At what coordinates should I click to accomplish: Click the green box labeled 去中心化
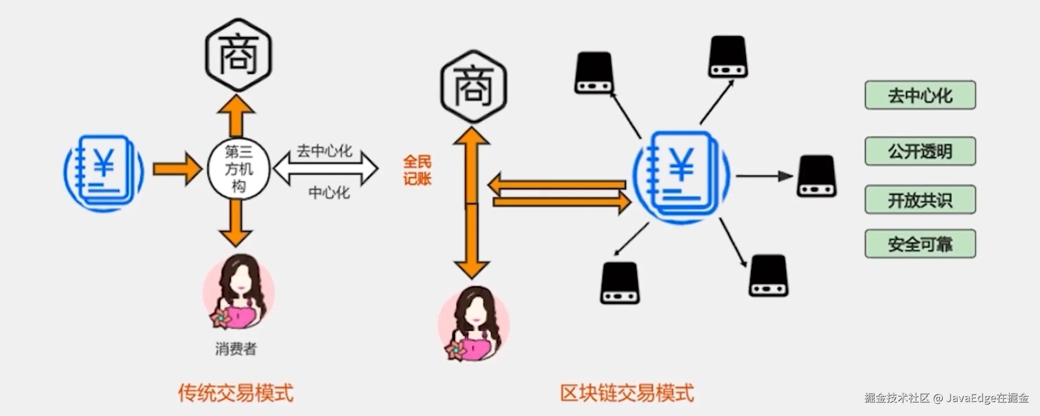pos(920,95)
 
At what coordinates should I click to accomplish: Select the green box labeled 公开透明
pos(920,151)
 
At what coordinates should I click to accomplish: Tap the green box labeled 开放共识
pos(920,200)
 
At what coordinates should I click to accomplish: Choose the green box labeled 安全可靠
pos(920,244)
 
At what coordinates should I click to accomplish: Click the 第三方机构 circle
pos(239,169)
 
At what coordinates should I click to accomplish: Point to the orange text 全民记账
pos(417,170)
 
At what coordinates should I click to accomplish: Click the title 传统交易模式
pos(235,393)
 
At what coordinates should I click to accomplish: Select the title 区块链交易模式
pos(627,393)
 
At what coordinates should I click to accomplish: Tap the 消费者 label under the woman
pos(235,349)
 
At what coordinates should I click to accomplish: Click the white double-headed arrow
pos(326,169)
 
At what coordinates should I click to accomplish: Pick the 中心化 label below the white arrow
pos(329,192)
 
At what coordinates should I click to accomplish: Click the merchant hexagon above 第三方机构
pos(239,55)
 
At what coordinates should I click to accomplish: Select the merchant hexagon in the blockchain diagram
pos(473,86)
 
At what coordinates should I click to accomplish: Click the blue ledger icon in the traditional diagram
pos(104,173)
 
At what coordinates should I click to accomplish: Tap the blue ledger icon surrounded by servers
pos(681,177)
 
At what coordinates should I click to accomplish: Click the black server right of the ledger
pos(816,176)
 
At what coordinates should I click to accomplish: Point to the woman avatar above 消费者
pos(239,292)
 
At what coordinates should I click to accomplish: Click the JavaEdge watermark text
pos(946,398)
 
